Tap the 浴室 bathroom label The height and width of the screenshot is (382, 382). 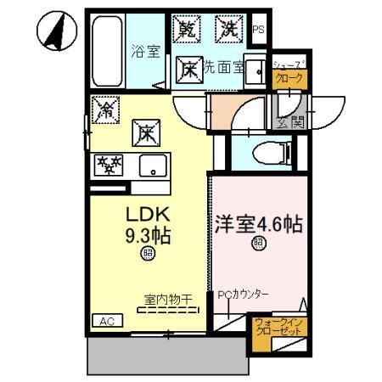tap(145, 51)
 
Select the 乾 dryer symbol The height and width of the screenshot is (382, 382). tap(188, 29)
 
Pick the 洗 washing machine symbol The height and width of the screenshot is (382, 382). tap(229, 29)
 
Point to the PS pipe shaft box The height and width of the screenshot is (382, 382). tap(258, 29)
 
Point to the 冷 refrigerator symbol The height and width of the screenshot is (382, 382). tap(107, 108)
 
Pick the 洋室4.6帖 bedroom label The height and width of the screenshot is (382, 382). tap(258, 227)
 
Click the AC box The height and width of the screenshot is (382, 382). tap(106, 321)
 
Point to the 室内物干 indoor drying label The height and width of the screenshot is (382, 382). tap(166, 300)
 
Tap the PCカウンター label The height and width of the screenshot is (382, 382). tap(243, 295)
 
